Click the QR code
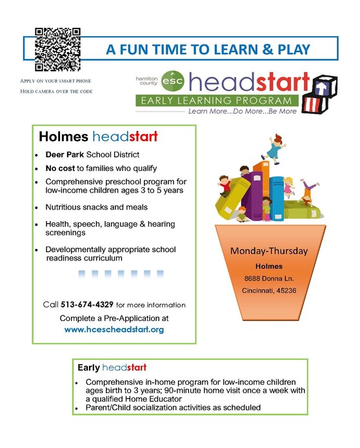(x=57, y=49)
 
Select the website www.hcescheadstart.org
(x=114, y=329)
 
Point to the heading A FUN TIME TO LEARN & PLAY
(x=208, y=49)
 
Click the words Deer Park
(x=65, y=156)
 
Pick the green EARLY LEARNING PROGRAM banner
(x=217, y=100)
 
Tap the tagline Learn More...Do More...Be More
(x=243, y=112)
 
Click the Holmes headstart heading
(x=98, y=137)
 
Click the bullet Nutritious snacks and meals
(x=96, y=207)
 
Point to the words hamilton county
(x=146, y=80)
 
